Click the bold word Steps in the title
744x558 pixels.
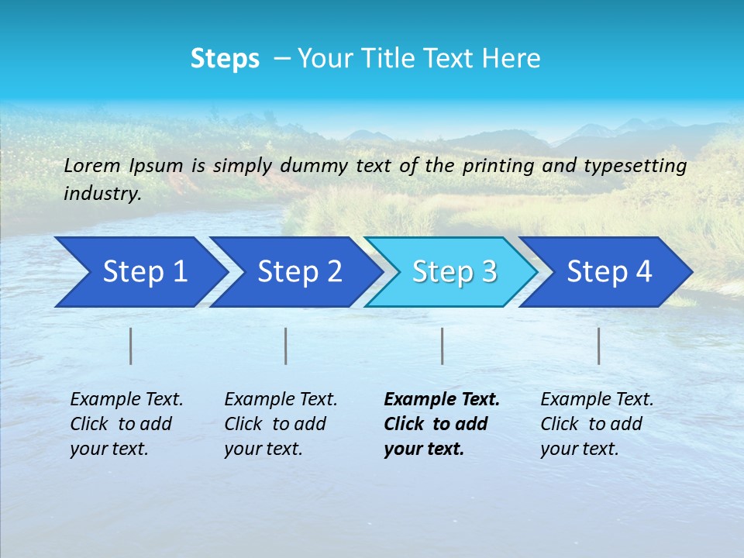click(x=225, y=59)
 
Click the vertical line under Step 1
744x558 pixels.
click(x=131, y=346)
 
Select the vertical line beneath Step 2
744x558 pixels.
click(x=286, y=346)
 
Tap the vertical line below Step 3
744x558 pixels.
click(x=443, y=346)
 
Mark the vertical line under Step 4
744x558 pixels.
click(x=599, y=346)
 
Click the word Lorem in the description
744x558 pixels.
click(x=92, y=165)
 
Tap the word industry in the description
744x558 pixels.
click(x=102, y=194)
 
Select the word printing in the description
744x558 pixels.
click(x=495, y=165)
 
